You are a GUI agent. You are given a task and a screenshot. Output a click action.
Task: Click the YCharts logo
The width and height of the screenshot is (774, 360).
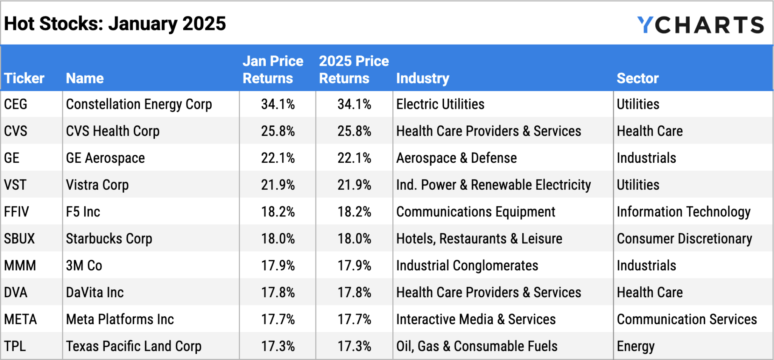[x=700, y=25]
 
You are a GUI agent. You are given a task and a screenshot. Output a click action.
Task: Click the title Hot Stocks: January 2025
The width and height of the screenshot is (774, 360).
[x=115, y=24]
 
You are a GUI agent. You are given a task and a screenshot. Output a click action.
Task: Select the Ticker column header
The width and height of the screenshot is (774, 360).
[x=24, y=78]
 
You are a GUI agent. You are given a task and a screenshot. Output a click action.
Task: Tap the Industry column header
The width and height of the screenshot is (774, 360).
[x=423, y=78]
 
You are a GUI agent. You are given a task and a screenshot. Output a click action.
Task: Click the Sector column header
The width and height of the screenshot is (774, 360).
[x=638, y=78]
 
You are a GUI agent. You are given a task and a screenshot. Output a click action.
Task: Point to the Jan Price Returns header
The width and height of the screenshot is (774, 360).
[x=273, y=70]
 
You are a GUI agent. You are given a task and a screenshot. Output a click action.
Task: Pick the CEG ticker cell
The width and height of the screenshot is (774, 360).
[x=15, y=104]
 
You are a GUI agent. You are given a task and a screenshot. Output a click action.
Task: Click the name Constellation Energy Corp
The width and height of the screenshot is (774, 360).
[x=139, y=104]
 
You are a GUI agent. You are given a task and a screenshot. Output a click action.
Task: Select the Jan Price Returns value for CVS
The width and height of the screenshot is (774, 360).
[x=278, y=131]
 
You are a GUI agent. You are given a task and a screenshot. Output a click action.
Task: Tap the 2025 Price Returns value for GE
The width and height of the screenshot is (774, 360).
[x=354, y=158]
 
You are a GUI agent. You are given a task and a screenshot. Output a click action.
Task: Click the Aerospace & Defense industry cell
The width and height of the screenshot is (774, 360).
[x=456, y=158]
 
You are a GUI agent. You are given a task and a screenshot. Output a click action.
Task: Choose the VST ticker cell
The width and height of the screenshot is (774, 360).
[x=15, y=185]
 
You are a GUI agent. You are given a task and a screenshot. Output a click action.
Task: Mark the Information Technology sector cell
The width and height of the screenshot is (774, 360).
[x=683, y=212]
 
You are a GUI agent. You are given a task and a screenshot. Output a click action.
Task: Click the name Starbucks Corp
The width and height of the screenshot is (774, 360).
[x=109, y=239]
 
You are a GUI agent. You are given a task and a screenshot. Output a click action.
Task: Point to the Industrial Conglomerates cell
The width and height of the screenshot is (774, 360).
[x=467, y=266]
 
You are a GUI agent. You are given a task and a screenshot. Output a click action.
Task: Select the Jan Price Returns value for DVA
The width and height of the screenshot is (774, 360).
[x=278, y=292]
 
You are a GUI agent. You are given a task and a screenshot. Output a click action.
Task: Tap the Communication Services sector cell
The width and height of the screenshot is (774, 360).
[x=687, y=319]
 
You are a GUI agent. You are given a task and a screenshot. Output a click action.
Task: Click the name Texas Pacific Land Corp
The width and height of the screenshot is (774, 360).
[x=133, y=346]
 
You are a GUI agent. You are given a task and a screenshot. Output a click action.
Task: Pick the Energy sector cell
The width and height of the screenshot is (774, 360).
[x=636, y=346]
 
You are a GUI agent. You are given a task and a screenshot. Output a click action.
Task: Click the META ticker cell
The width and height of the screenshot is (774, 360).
[x=20, y=319]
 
